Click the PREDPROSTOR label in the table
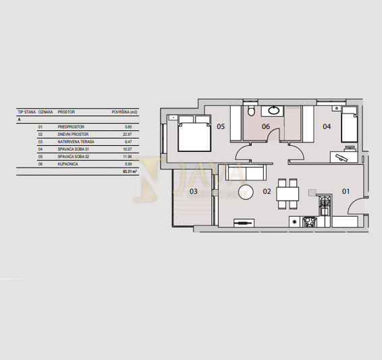pyautogui.click(x=70, y=126)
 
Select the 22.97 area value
pyautogui.click(x=127, y=134)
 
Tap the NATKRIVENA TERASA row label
pyautogui.click(x=76, y=142)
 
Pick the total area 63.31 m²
pyautogui.click(x=130, y=172)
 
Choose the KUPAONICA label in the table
pyautogui.click(x=69, y=164)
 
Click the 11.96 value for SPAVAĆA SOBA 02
pyautogui.click(x=127, y=157)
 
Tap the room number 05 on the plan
pyautogui.click(x=221, y=126)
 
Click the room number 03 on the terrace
pyautogui.click(x=193, y=192)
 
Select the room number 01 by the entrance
pyautogui.click(x=346, y=192)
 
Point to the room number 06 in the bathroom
pyautogui.click(x=266, y=126)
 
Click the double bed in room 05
pyautogui.click(x=194, y=133)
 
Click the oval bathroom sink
pyautogui.click(x=275, y=110)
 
